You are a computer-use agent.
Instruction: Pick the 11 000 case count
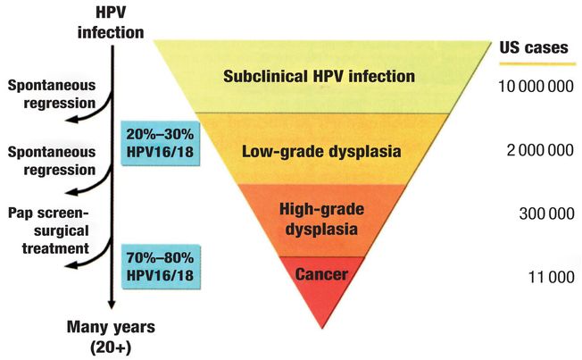click(548, 277)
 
